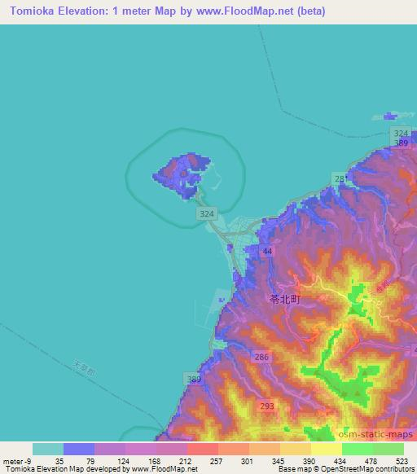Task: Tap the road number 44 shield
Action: tap(267, 253)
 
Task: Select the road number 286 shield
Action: tap(261, 357)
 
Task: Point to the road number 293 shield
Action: tap(266, 405)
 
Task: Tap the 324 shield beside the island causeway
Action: tap(207, 213)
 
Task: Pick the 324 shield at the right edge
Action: tap(400, 133)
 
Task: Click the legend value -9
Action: tap(29, 460)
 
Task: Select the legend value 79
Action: tap(91, 460)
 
